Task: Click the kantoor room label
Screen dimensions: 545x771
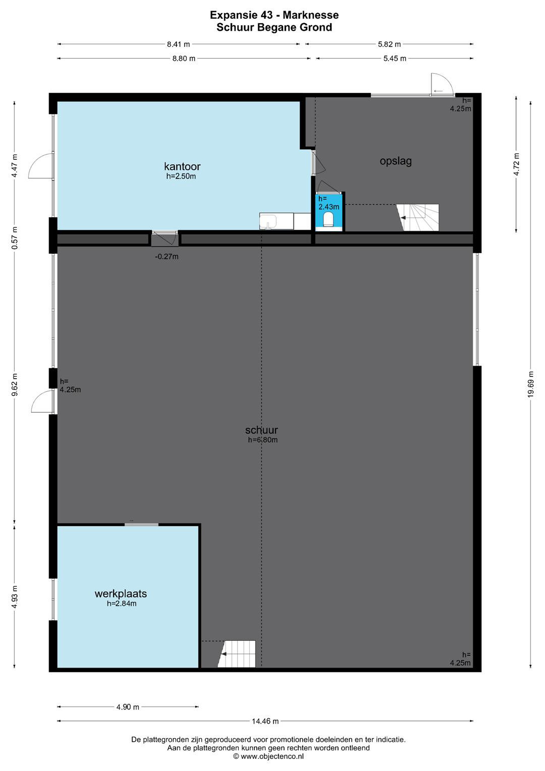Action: coord(182,166)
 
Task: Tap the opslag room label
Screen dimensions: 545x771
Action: coord(396,161)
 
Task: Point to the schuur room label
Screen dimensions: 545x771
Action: coord(262,430)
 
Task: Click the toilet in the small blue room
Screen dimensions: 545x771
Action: coord(328,219)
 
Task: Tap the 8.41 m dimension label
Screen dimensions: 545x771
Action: coord(178,44)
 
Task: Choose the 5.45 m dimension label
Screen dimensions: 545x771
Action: coord(395,58)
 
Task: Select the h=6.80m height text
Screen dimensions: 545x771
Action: coord(263,440)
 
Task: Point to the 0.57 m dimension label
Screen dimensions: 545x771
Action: coord(14,238)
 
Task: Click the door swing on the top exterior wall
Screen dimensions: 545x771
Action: coord(442,84)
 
